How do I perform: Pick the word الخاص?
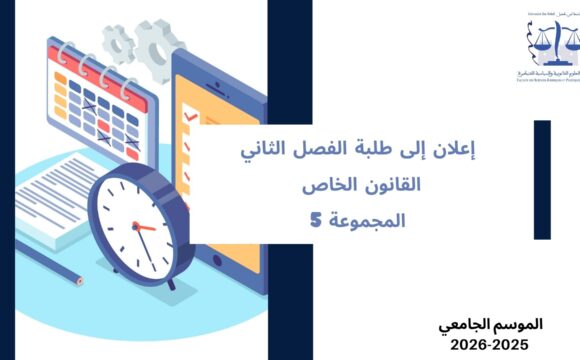pyautogui.click(x=322, y=186)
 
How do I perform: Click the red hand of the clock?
pyautogui.click(x=146, y=229)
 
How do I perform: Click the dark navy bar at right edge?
pyautogui.click(x=542, y=180)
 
